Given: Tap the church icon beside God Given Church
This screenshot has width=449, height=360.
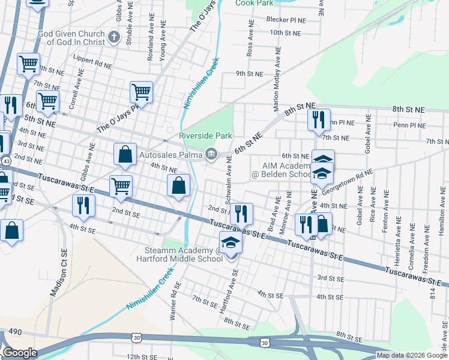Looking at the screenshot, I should tap(115, 39).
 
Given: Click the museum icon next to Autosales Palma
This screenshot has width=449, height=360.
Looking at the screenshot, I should tap(211, 154).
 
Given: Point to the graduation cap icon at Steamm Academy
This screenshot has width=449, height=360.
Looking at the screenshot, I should tap(230, 243).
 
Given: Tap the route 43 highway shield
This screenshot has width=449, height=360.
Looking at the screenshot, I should tap(5, 162).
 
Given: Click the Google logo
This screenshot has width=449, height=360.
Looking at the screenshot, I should tap(20, 353).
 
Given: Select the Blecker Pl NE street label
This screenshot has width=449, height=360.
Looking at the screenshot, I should tap(286, 20).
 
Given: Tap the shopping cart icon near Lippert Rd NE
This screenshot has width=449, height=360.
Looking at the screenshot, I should tap(29, 64).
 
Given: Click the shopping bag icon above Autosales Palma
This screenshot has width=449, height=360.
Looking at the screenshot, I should tap(124, 154).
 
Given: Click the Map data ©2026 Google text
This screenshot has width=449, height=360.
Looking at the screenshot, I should tap(412, 355).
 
